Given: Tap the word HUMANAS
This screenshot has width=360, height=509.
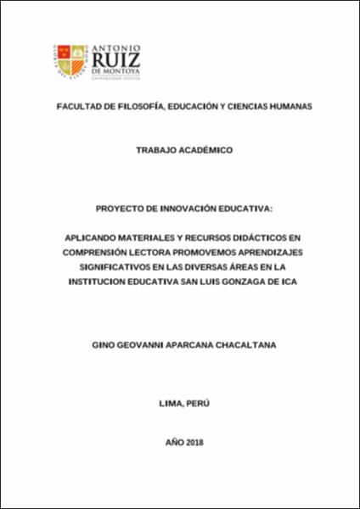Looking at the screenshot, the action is click(x=280, y=108).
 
